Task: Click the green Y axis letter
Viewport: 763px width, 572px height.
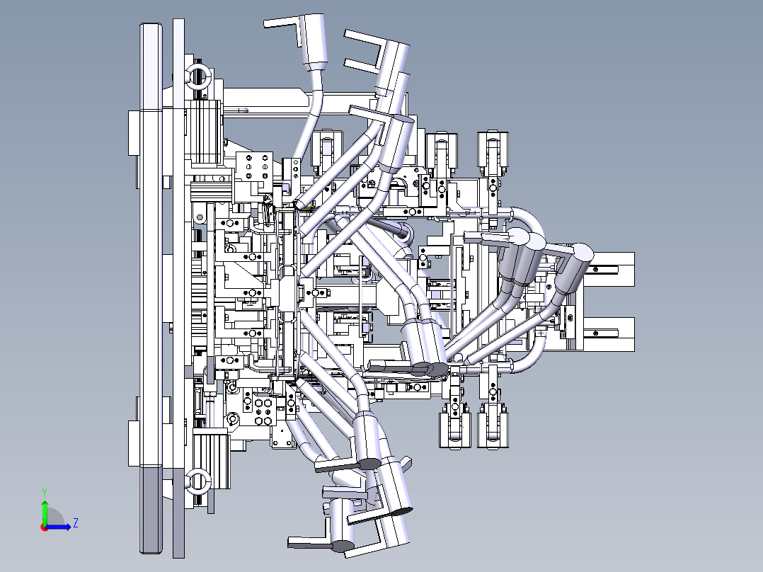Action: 45,492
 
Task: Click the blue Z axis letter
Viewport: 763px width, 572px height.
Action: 76,523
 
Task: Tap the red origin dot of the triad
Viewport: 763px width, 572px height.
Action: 45,527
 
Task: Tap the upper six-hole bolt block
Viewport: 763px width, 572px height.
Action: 254,166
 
